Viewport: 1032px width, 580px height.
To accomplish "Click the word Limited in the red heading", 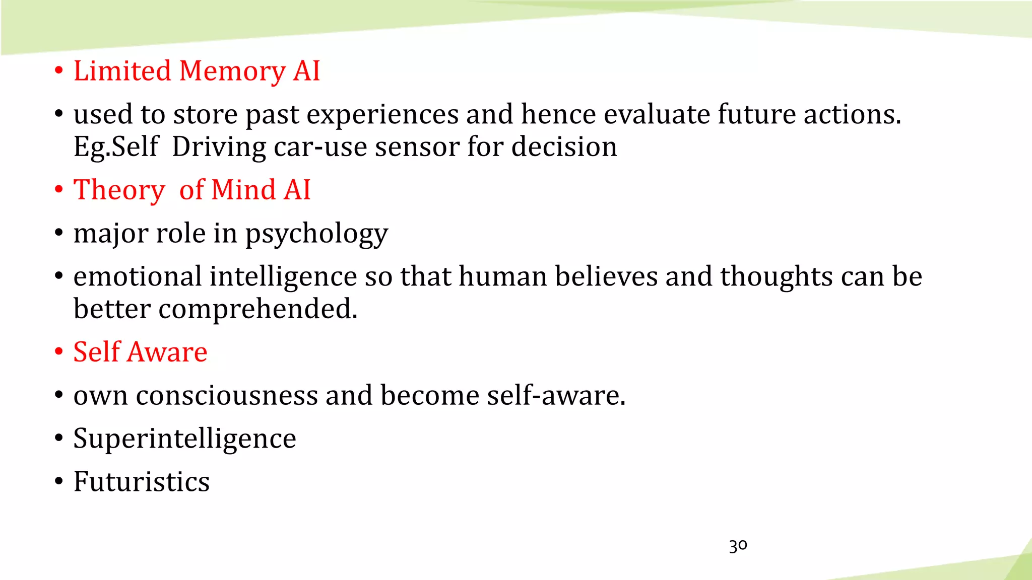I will tap(122, 70).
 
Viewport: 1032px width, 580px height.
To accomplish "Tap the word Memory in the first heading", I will tap(232, 71).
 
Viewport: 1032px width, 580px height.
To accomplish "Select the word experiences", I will tap(382, 115).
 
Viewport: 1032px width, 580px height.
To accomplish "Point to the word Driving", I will tap(219, 148).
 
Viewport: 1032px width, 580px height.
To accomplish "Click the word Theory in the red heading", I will tap(119, 191).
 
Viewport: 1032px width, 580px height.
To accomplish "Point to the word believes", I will tap(606, 276).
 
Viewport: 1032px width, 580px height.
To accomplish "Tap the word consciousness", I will tap(227, 395).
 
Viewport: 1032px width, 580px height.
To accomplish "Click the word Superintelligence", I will tap(184, 439).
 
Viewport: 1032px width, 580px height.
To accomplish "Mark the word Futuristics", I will tap(142, 482).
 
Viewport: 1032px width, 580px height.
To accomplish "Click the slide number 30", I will tap(738, 546).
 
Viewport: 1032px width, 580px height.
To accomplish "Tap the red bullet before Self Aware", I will tap(59, 352).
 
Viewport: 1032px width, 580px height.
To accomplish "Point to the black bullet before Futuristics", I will tap(59, 482).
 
